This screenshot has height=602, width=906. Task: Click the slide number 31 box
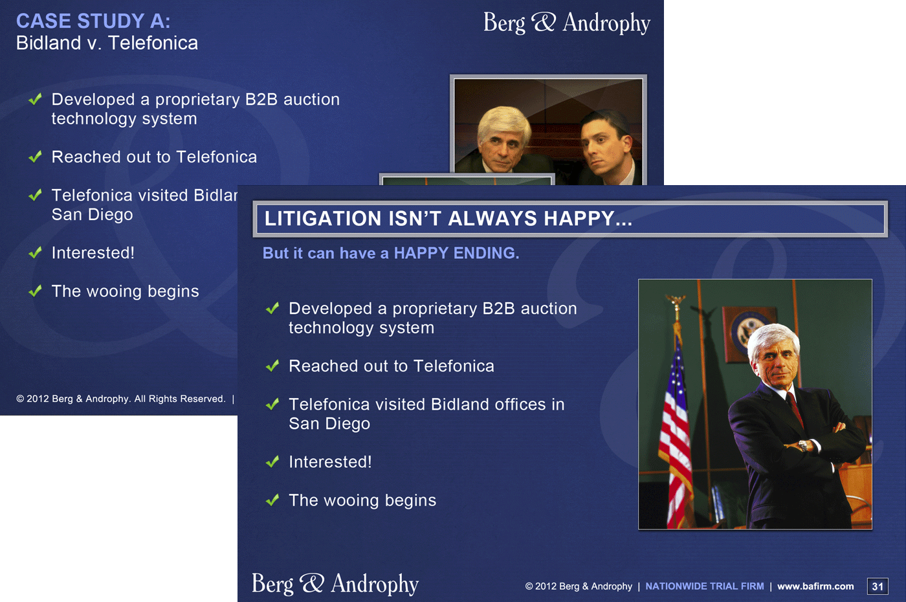(878, 586)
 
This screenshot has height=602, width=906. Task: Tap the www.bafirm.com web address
(815, 586)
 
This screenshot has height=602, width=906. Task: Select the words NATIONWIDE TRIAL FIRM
(705, 586)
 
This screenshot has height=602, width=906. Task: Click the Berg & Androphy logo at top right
(567, 23)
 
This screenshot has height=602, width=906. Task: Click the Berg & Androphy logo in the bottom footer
(335, 584)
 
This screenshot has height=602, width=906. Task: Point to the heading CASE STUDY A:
(93, 21)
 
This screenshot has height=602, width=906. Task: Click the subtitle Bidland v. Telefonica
(107, 43)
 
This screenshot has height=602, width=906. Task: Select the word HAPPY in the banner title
(579, 219)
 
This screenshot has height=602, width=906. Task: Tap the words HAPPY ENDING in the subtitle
(456, 253)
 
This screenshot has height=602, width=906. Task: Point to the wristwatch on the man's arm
(803, 446)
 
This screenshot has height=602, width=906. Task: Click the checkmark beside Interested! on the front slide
(272, 461)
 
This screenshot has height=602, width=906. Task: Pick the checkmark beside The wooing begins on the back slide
(36, 291)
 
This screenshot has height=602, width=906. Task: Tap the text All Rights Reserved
(180, 399)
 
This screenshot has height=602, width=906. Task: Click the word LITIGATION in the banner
(323, 219)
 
